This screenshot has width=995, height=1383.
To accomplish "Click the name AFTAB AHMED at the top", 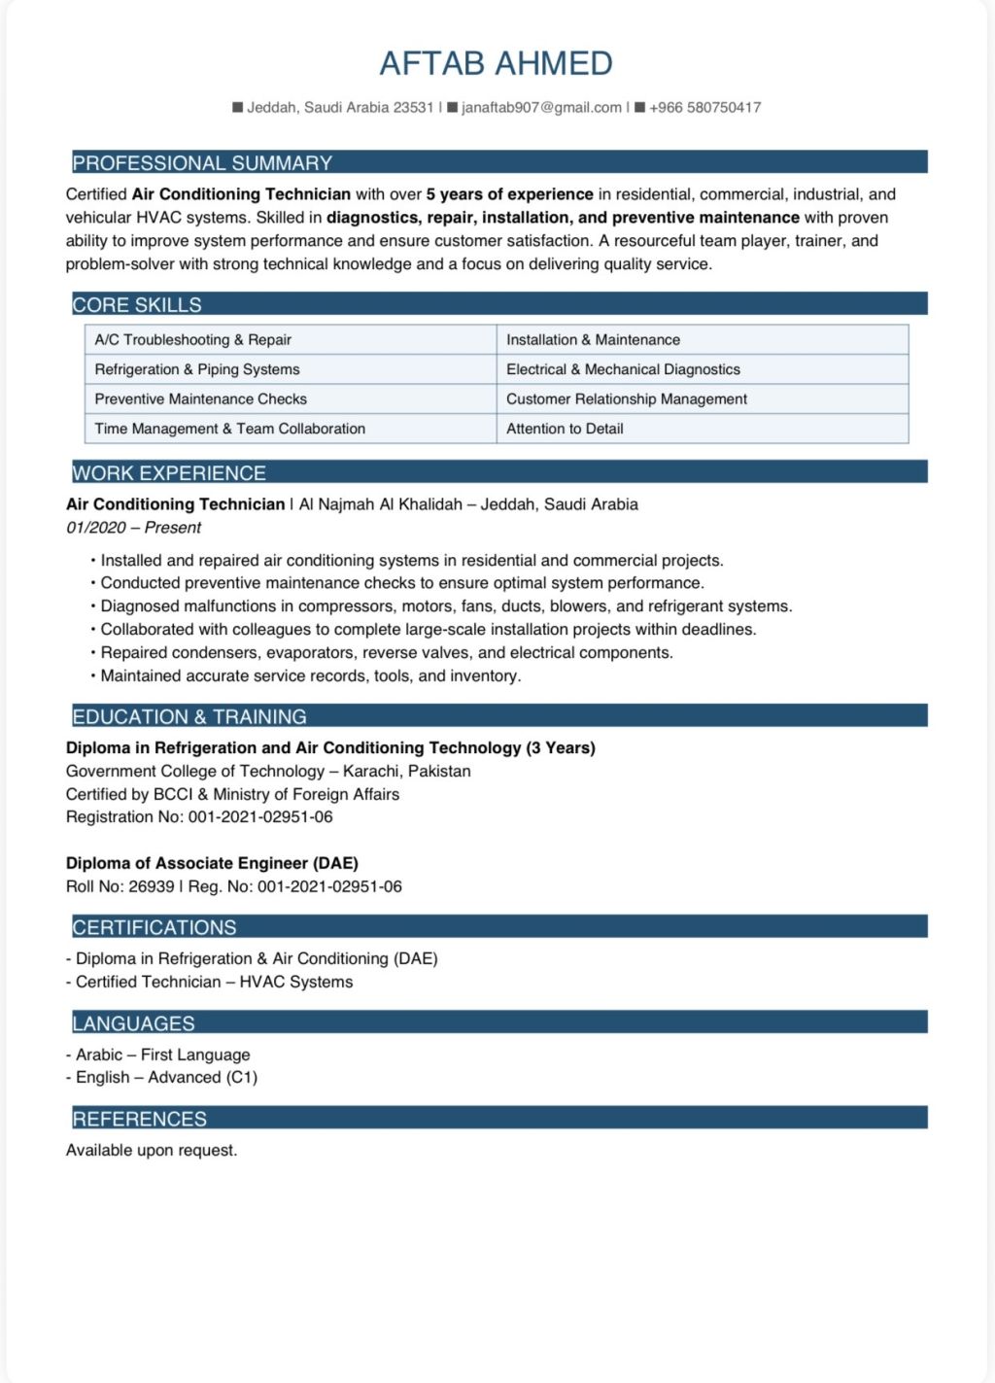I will point(496,64).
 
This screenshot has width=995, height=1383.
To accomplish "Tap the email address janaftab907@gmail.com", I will point(541,108).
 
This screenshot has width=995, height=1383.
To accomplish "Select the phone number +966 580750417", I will point(704,108).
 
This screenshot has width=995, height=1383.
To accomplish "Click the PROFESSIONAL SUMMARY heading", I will point(202,163).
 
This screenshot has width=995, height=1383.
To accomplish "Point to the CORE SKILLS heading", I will point(137,305).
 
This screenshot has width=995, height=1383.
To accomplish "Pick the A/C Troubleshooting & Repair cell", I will point(192,340).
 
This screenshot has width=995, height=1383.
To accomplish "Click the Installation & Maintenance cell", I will point(593,340).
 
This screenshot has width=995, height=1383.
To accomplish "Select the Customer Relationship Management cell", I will point(626,399).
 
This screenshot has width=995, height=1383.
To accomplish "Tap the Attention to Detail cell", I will point(565,429).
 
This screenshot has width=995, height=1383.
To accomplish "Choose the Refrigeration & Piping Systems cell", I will point(197,369).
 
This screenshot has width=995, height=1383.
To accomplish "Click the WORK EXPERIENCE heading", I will point(169,473).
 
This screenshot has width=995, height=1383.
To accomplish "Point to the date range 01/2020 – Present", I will point(133,528).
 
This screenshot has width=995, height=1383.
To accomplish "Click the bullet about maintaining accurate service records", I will point(311,676).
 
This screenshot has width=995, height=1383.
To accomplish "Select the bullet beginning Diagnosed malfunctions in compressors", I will point(446,606).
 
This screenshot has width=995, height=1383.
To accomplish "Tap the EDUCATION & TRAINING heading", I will point(189,717).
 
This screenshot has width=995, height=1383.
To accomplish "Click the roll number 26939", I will point(152,886).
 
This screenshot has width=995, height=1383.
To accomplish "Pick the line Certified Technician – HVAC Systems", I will point(214,982).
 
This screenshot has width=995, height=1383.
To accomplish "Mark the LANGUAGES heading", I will point(133,1023).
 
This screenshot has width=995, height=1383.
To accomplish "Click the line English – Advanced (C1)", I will point(166,1077).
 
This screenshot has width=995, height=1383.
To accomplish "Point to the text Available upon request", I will point(152,1151).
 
